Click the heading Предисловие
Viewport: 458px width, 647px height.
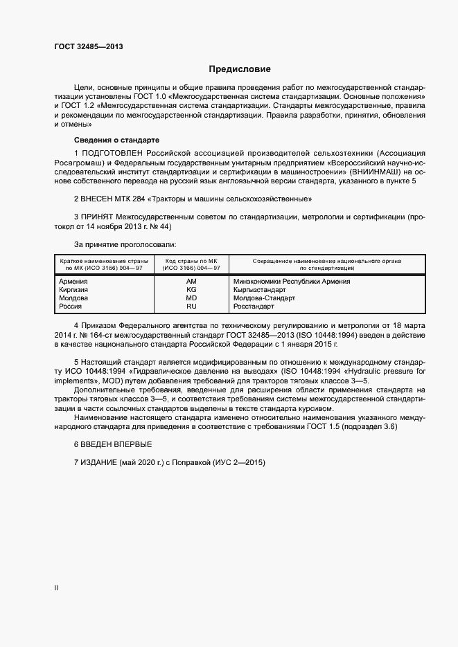coord(240,69)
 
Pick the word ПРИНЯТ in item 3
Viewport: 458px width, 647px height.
coord(98,217)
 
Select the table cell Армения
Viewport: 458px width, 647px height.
coord(73,282)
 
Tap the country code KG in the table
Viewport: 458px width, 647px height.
coord(191,290)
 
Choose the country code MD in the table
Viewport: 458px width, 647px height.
coord(191,298)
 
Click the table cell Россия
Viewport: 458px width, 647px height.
coord(71,307)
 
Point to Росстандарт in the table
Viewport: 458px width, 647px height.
coord(254,307)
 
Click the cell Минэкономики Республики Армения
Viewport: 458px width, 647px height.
coord(292,282)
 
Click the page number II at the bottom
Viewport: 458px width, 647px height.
coord(57,588)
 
